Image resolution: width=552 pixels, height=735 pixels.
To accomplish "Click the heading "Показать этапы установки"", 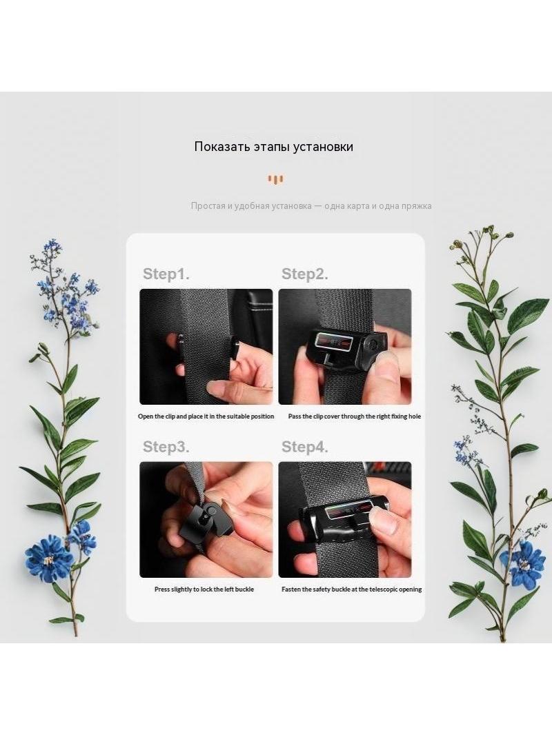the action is [273, 147].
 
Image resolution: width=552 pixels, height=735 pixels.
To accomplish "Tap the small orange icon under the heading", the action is [275, 179].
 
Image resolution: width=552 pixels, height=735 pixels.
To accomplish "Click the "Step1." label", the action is [166, 274].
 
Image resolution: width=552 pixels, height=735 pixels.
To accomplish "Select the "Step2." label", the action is [305, 274].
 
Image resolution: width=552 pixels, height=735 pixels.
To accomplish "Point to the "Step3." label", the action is [166, 447].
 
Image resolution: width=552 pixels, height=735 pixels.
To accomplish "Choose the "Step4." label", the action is [305, 447].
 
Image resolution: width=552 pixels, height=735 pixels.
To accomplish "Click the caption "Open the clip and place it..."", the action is [206, 416].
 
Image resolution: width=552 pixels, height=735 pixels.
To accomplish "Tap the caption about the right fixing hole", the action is [355, 416].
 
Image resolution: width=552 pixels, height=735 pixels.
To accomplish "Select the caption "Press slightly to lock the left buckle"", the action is [204, 590].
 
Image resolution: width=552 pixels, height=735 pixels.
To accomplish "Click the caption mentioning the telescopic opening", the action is [352, 590].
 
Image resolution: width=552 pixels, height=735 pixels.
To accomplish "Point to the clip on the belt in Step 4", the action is [344, 518].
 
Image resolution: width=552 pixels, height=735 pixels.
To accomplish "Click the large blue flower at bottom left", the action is [49, 558].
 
